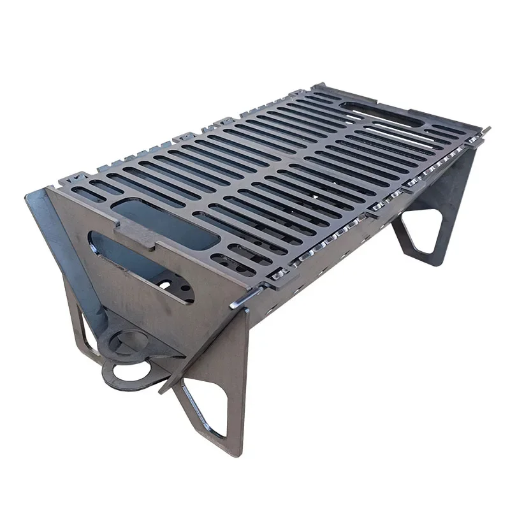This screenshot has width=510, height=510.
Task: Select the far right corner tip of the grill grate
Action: (x=488, y=129)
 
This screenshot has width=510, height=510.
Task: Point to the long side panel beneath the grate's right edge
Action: (x=357, y=242)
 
